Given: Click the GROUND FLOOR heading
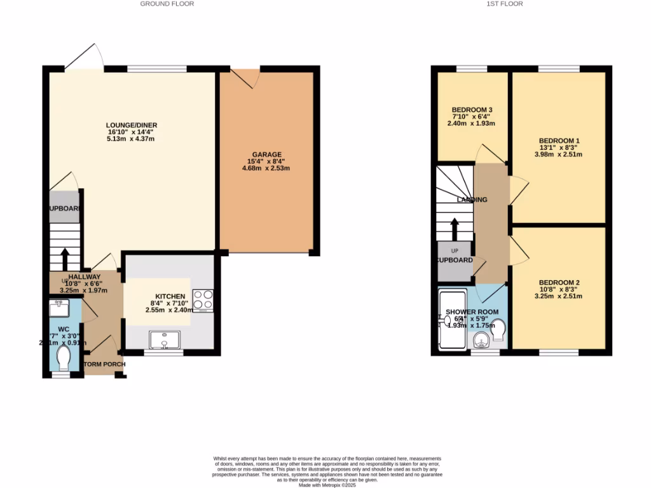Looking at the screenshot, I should pyautogui.click(x=167, y=4).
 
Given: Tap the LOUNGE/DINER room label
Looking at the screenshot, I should pyautogui.click(x=132, y=125).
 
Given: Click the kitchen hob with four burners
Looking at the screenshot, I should pyautogui.click(x=203, y=299).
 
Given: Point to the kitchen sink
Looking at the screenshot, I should pyautogui.click(x=165, y=341).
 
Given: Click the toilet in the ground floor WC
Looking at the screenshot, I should pyautogui.click(x=65, y=358).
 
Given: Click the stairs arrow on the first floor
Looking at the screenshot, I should pyautogui.click(x=455, y=229).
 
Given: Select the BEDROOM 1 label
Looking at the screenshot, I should pyautogui.click(x=559, y=140).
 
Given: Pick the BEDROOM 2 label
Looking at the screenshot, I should pyautogui.click(x=559, y=283).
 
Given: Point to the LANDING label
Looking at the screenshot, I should pyautogui.click(x=472, y=200).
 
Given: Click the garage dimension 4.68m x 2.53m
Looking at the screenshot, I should pyautogui.click(x=266, y=168).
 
